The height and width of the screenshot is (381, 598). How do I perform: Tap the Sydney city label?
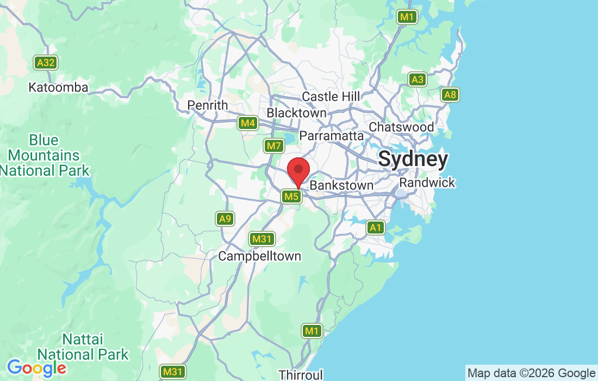tap(413, 159)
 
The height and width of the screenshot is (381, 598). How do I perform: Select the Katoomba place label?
tap(58, 87)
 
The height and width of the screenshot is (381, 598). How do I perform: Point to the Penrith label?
tap(207, 105)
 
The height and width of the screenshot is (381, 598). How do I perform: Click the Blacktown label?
tap(296, 113)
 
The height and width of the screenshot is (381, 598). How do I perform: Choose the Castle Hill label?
tap(331, 96)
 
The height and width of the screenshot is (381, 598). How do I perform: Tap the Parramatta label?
tap(331, 136)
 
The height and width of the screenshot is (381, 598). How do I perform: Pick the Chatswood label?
tap(401, 127)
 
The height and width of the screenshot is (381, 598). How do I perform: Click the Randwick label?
tap(427, 182)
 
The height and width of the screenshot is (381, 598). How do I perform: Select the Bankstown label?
tap(341, 186)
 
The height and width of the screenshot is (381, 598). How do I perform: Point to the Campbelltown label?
tap(259, 256)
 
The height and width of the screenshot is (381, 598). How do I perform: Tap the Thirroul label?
tap(301, 374)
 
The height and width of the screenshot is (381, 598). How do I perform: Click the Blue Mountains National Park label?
tap(44, 155)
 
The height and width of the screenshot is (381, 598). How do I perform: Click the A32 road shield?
tap(46, 63)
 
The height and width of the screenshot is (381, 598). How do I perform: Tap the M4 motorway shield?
tap(248, 123)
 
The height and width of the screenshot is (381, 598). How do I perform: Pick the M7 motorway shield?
tap(273, 146)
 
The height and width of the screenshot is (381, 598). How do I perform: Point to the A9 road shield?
tap(225, 219)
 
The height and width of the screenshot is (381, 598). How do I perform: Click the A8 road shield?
tap(450, 95)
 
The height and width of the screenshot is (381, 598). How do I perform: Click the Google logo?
tap(36, 368)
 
